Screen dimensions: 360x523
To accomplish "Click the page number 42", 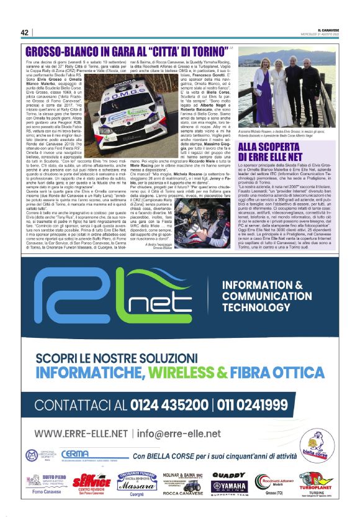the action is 24,32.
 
